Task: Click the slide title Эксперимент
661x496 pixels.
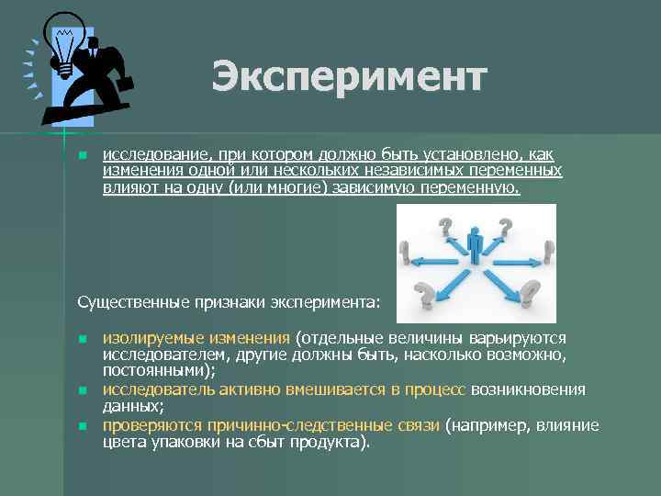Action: (348, 77)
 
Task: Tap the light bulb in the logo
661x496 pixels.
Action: (63, 42)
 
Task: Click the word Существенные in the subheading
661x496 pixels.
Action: (129, 301)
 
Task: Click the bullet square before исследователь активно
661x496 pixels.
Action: (82, 390)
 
